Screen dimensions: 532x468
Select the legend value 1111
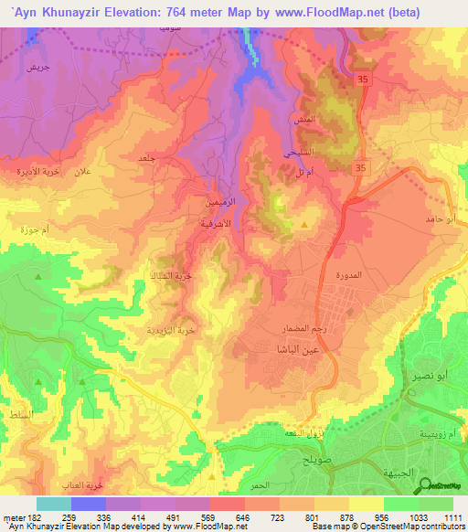[453, 516]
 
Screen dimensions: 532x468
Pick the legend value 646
[244, 516]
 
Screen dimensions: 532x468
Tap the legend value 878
[349, 516]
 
